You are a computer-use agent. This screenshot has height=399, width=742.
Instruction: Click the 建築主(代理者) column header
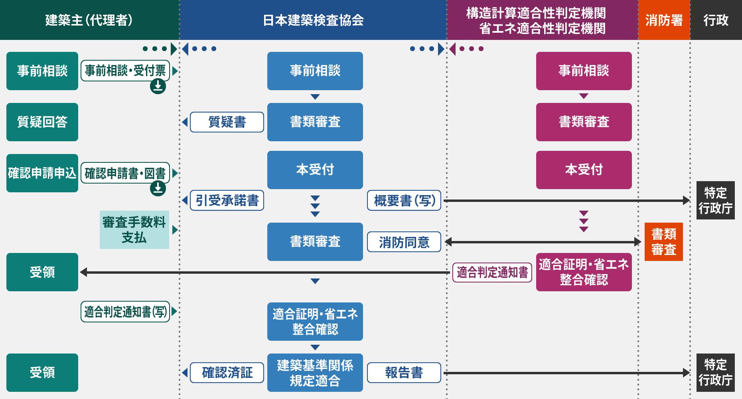click(89, 20)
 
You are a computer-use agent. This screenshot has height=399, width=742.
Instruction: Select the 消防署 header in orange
click(664, 20)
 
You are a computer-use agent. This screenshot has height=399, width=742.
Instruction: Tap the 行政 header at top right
click(716, 20)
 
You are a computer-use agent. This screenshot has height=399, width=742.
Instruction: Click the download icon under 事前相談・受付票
click(158, 86)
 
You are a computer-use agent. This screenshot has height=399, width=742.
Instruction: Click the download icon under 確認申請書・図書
click(158, 188)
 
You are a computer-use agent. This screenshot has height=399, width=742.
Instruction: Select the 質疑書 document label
click(227, 122)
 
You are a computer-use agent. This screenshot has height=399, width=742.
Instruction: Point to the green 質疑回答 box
click(42, 122)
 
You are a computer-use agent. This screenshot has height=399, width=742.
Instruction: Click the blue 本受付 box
click(315, 170)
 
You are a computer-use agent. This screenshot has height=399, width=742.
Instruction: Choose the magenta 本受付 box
click(584, 170)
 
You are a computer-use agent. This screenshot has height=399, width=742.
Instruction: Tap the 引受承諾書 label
click(227, 200)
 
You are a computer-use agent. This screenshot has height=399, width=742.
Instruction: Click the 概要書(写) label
click(404, 200)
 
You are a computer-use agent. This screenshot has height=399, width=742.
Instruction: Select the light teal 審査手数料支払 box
click(134, 230)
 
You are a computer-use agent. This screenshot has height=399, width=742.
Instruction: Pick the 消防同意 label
click(404, 242)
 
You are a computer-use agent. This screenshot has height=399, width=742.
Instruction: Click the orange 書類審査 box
click(664, 242)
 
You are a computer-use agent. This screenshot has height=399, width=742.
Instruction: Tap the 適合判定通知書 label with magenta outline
click(492, 273)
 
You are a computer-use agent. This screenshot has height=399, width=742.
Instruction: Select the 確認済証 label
click(227, 373)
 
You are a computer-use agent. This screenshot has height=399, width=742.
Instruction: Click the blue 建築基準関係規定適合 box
click(315, 373)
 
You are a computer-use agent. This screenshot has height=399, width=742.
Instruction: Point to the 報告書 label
click(404, 373)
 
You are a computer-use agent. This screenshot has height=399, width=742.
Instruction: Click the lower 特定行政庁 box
click(715, 373)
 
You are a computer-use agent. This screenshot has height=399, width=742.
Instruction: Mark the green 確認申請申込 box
click(42, 173)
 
